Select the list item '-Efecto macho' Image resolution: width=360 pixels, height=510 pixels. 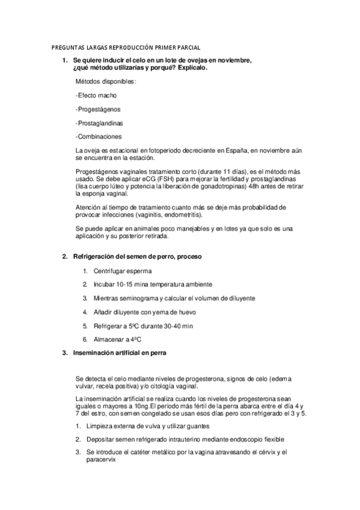[x=96, y=96]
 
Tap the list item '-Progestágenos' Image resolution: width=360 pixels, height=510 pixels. [x=98, y=109]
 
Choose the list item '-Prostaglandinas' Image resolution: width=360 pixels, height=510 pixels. [x=100, y=123]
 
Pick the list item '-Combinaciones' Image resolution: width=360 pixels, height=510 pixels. [x=99, y=137]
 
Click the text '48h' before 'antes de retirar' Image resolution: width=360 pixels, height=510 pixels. [x=267, y=186]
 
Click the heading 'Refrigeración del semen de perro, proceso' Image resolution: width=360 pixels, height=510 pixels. [x=137, y=257]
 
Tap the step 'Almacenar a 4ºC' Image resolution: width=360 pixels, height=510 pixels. [x=117, y=340]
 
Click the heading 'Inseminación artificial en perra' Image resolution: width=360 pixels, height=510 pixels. [x=120, y=353]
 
